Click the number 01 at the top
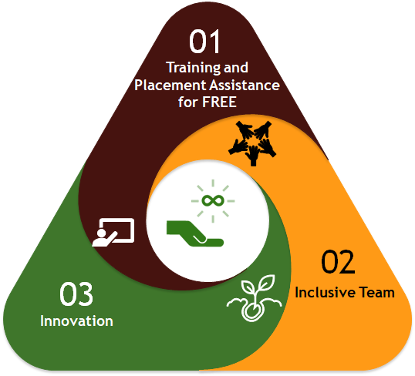204,42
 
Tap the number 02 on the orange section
338,261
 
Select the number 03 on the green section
76,294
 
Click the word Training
194,68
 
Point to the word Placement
170,86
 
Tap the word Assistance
245,86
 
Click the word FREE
219,102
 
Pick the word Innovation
76,321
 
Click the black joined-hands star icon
252,143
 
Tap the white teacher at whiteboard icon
113,233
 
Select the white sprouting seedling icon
254,298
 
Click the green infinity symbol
213,200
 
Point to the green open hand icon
195,233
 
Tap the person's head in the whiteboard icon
101,233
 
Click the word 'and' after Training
236,68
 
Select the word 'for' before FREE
188,102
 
